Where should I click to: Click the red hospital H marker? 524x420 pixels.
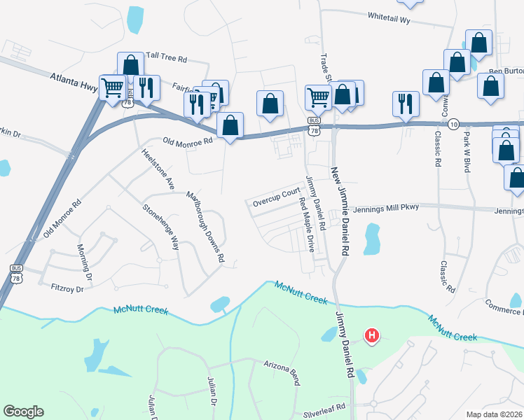[372, 337]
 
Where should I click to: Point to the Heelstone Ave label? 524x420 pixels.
[157, 169]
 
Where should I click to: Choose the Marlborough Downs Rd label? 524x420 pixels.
[205, 225]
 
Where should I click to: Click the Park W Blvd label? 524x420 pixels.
[466, 150]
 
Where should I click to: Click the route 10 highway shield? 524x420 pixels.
[453, 123]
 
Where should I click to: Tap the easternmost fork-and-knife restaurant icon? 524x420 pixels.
[406, 103]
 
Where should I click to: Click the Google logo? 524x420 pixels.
[23, 412]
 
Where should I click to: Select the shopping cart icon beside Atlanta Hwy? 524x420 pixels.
[112, 87]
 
